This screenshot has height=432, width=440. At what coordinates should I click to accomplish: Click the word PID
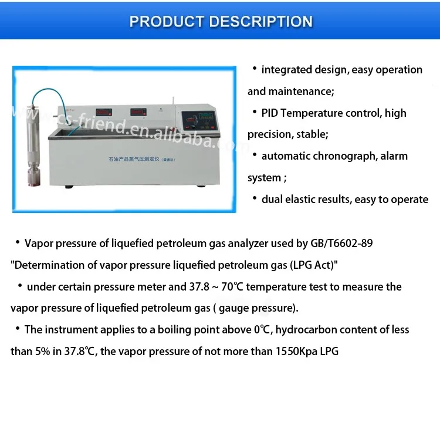coord(272,113)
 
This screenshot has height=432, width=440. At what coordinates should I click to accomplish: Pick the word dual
coord(272,200)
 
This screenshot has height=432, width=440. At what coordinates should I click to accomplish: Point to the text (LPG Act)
coord(312,265)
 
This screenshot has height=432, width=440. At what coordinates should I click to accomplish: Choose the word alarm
coord(394,156)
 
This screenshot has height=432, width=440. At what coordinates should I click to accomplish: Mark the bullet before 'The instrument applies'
coord(18,329)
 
